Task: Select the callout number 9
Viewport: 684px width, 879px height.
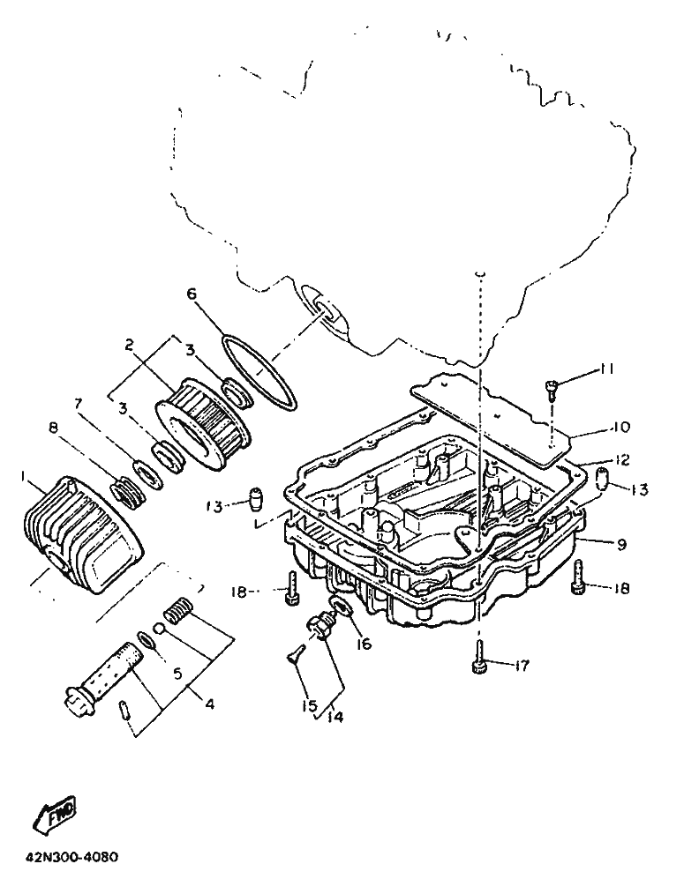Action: (621, 545)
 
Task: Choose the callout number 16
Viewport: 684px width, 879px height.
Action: (364, 644)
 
